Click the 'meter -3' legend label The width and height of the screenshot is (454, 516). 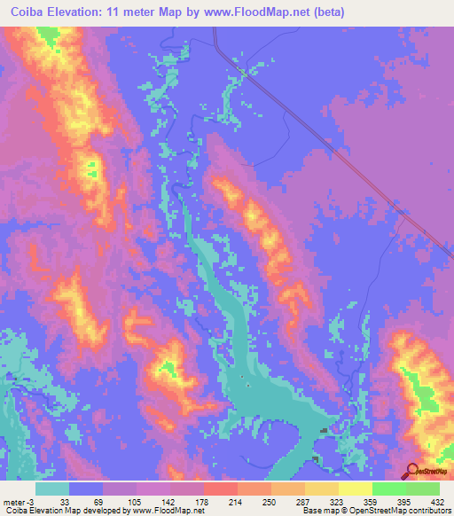click(x=18, y=500)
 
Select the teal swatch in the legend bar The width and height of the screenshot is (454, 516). click(x=53, y=489)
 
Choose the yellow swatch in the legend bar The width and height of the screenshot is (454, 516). click(x=322, y=489)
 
